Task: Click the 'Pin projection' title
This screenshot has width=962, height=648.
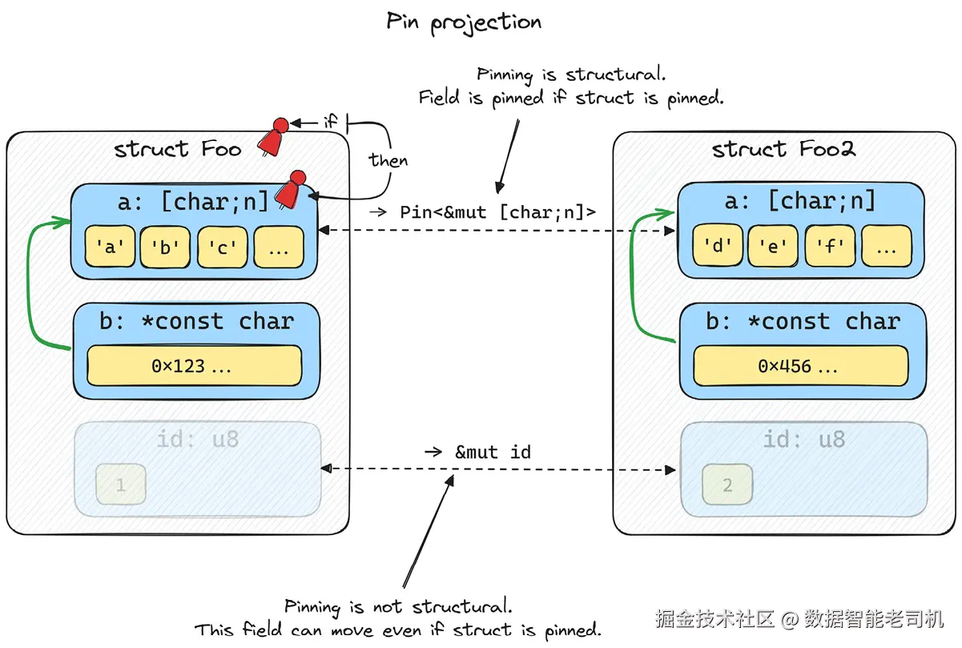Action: (x=464, y=22)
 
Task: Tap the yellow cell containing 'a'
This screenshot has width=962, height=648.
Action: (x=110, y=248)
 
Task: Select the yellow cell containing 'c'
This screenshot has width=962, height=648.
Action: (x=222, y=248)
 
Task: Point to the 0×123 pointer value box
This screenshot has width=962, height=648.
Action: (x=194, y=366)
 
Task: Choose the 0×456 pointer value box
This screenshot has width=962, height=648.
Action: (x=800, y=366)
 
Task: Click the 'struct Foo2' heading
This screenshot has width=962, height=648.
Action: (x=783, y=150)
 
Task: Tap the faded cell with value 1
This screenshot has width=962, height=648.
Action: (x=121, y=485)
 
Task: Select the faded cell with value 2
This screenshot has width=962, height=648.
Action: (x=727, y=485)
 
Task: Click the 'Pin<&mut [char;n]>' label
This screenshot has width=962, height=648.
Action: (x=497, y=212)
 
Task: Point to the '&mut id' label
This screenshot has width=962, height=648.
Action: (x=493, y=453)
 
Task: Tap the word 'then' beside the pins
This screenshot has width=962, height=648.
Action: (x=388, y=160)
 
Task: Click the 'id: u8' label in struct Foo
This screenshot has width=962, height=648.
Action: (x=198, y=439)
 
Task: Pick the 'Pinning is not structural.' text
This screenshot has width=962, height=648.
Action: (x=398, y=606)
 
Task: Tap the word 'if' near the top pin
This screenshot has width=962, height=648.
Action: (x=330, y=123)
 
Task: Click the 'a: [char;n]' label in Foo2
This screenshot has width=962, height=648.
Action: (x=800, y=200)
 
